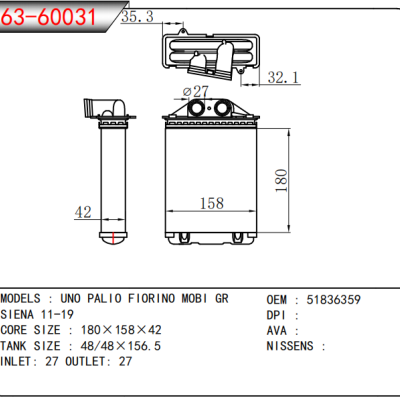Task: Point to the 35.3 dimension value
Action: pos(137,17)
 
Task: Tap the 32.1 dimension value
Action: pos(284,76)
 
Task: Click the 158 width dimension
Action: pos(211,204)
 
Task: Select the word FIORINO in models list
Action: pos(157,299)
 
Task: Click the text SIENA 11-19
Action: pos(43,314)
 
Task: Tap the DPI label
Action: pos(278,314)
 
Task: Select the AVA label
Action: pos(278,330)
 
